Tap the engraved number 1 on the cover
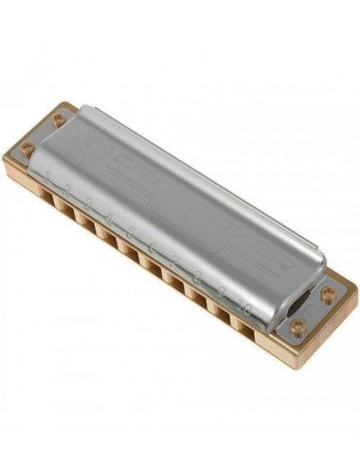pyautogui.click(x=45, y=174)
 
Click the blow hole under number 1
pyautogui.click(x=44, y=192)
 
